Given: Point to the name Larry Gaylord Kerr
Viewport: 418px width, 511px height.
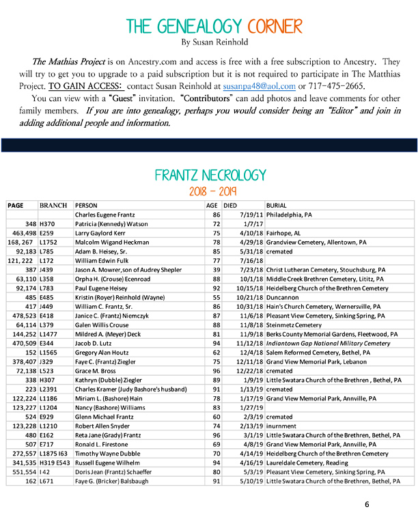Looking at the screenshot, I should [x=103, y=232].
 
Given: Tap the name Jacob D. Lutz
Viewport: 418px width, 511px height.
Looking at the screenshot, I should [x=95, y=343].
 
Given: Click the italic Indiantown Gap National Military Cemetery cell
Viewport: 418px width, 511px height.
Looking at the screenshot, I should [x=329, y=343].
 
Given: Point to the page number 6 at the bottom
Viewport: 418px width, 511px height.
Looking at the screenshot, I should [x=367, y=504].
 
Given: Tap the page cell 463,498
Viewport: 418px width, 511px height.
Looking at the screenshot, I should [x=21, y=232].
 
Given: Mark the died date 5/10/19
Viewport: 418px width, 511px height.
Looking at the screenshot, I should [x=248, y=481].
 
